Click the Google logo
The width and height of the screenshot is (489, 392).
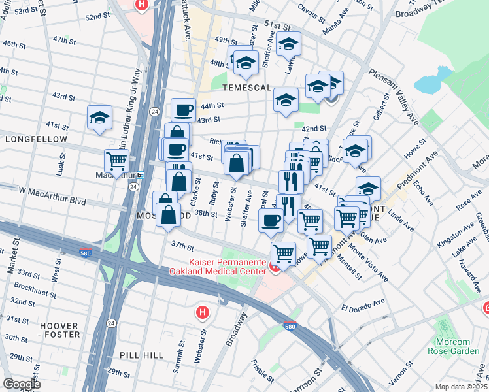22,384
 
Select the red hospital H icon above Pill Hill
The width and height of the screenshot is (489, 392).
203,312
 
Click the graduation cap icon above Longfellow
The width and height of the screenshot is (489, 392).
99,118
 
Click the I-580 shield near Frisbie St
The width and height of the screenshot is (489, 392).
288,327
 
